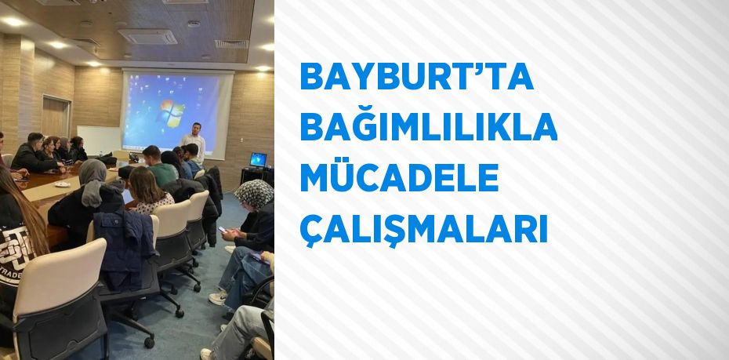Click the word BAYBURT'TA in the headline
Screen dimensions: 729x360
(x=416, y=76)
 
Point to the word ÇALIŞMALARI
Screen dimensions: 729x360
(x=423, y=229)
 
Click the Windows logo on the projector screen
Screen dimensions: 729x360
(x=172, y=114)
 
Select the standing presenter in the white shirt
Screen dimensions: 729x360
(x=194, y=142)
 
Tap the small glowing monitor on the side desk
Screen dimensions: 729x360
(x=258, y=159)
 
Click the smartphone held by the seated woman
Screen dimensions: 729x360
(x=223, y=229)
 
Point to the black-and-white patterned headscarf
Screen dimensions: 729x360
(x=254, y=194)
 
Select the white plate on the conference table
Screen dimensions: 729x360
(x=62, y=184)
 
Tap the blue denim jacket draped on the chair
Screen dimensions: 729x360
(x=125, y=247)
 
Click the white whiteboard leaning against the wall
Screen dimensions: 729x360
(x=99, y=140)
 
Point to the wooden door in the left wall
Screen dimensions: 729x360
(x=56, y=117)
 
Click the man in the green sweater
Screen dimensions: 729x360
(x=160, y=166)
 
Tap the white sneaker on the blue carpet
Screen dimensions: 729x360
(x=218, y=298)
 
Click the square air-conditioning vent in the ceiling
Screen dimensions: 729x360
(x=147, y=36)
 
